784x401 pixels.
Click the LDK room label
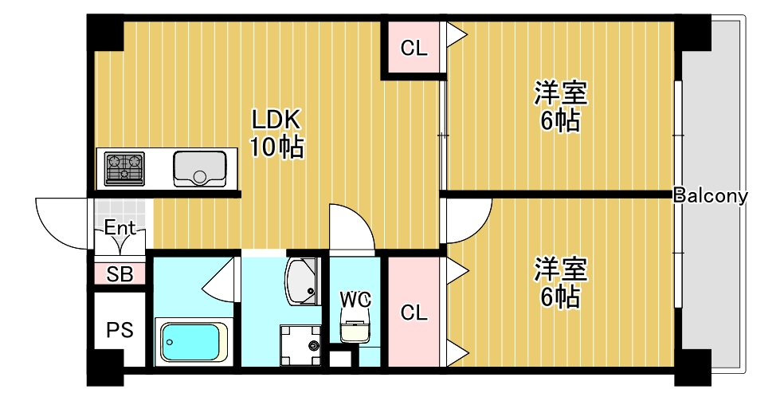pos(276,133)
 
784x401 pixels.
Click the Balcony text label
pos(710,195)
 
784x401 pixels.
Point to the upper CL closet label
pos(414,49)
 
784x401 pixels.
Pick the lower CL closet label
pos(414,313)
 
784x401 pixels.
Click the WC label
pos(355,299)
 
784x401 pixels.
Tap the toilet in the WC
pos(355,327)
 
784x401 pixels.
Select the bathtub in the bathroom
pos(190,342)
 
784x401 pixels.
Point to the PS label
pos(120,329)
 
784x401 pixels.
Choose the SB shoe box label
pos(120,275)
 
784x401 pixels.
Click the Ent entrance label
pos(120,228)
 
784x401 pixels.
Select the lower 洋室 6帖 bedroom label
pos(561,283)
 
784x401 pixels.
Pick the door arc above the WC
pos(351,227)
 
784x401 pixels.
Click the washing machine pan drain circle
pos(312,346)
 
